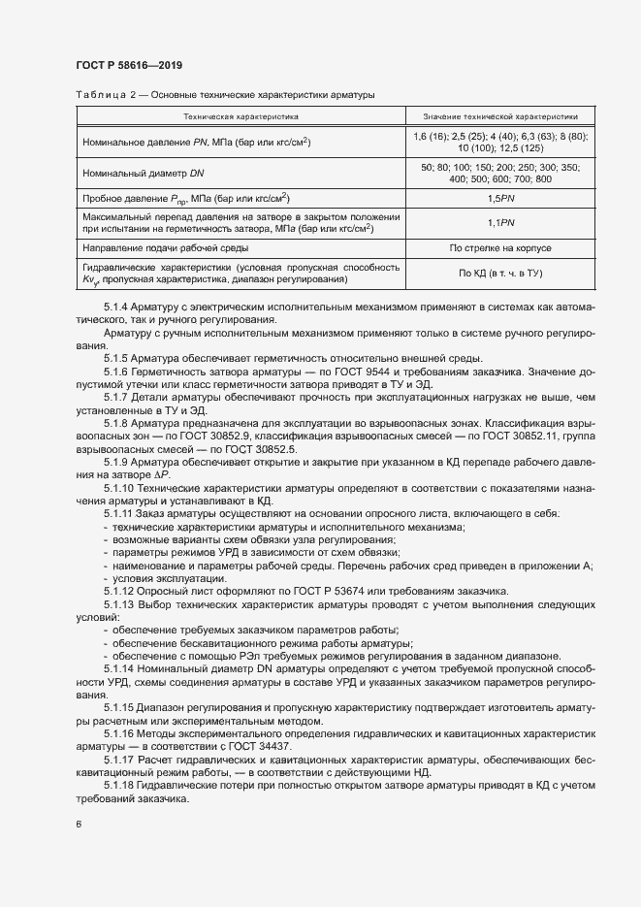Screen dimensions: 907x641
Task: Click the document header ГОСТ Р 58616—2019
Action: [129, 65]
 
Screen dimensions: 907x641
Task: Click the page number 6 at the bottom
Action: [79, 826]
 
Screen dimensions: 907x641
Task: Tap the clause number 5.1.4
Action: [117, 308]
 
